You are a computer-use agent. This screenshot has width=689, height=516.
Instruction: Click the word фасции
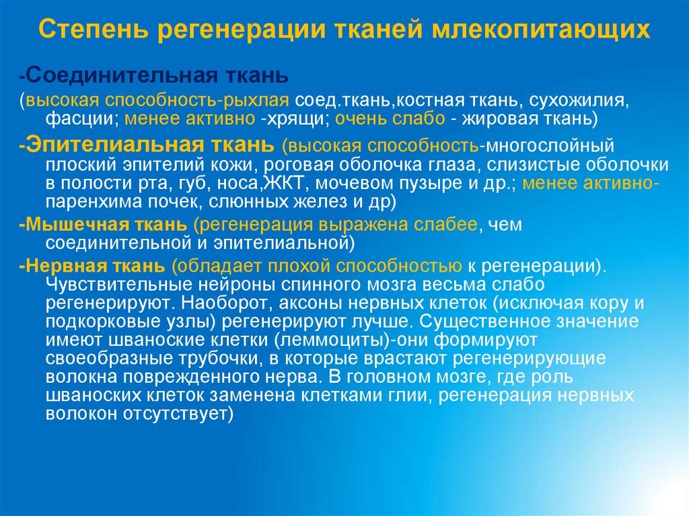[x=75, y=120]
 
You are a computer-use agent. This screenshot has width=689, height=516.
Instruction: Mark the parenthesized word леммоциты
[x=336, y=339]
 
